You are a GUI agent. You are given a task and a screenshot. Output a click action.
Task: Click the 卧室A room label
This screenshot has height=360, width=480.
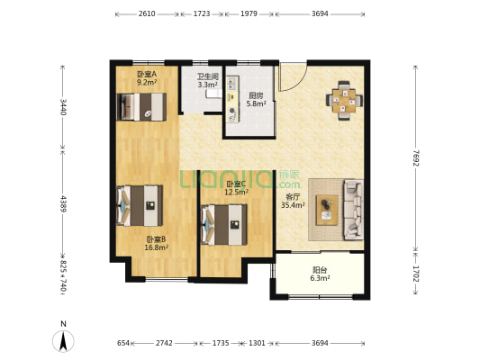click(147, 74)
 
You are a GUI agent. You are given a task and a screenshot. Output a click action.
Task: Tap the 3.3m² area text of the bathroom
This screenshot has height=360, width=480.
click(207, 85)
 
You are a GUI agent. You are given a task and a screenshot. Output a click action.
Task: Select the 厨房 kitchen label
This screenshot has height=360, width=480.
click(256, 95)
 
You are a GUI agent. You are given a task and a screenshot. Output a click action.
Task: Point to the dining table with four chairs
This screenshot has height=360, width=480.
click(344, 100)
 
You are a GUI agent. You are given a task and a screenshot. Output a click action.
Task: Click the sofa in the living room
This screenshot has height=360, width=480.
click(354, 209)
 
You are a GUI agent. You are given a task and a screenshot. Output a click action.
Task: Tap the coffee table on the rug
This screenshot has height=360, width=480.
click(327, 210)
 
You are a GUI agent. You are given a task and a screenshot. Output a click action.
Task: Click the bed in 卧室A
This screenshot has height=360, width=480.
click(141, 107)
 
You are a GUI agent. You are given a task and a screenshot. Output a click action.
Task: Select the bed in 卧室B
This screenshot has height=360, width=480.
click(140, 205)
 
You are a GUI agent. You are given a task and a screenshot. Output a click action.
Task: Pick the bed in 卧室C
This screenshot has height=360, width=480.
click(223, 225)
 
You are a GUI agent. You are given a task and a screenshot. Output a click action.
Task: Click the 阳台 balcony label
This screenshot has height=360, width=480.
click(320, 270)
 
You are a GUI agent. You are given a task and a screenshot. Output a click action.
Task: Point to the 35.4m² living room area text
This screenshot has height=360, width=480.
click(293, 205)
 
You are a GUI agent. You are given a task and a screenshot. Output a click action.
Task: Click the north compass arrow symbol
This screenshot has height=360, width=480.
click(63, 341)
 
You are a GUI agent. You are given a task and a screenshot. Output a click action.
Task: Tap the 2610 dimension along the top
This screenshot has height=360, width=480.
click(147, 13)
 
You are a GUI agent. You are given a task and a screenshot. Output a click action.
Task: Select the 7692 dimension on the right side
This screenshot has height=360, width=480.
click(416, 158)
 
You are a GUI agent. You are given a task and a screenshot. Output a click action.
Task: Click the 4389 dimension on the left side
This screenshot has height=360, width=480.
click(63, 203)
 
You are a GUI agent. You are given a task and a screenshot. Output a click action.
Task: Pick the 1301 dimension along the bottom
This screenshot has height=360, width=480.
click(257, 343)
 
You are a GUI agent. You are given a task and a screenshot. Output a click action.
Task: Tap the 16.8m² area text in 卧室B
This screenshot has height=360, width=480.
click(156, 247)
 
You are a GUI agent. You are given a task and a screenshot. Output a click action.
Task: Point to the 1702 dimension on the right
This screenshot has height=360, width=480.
click(416, 274)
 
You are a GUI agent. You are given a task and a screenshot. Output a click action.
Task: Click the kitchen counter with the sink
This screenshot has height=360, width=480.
click(232, 99)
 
